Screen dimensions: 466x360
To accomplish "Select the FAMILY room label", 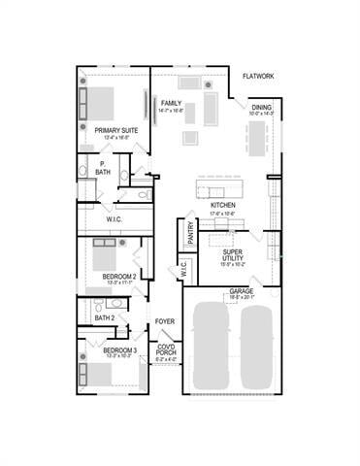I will tap(172, 103).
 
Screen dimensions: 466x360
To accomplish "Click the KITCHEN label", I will tap(223, 206).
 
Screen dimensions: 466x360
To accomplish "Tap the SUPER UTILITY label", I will tap(231, 254).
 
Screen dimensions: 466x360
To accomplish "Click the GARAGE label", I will tap(242, 291).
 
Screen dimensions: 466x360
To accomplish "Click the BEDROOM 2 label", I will tap(118, 277).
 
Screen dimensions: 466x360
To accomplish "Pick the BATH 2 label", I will tap(105, 317).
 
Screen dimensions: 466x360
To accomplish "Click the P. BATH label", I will tap(102, 168).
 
